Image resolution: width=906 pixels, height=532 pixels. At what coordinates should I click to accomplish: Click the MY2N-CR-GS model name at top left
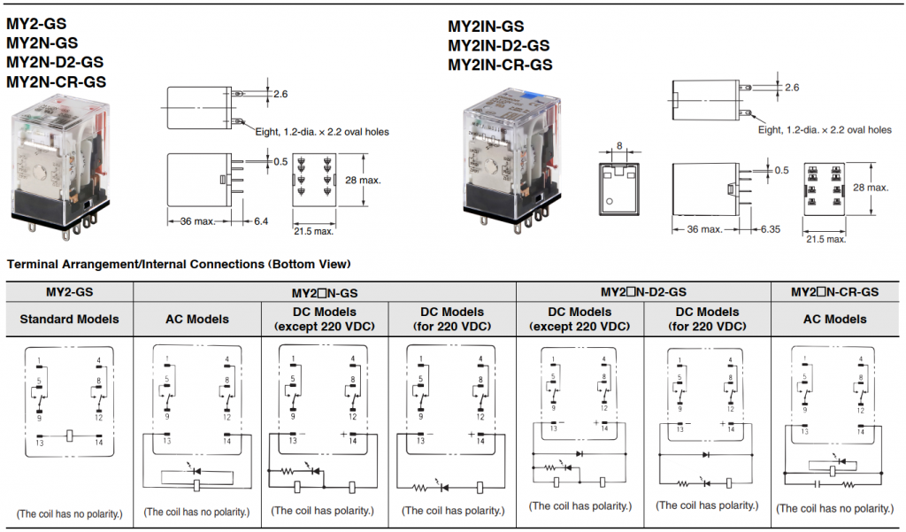coord(56,81)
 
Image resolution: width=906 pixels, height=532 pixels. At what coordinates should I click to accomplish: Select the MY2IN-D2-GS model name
coord(498,45)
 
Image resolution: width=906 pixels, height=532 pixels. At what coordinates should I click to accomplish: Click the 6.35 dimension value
coord(772,229)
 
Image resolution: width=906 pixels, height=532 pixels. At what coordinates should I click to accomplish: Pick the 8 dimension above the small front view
coord(619,145)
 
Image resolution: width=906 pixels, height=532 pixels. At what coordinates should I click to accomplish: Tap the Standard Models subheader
coord(69,319)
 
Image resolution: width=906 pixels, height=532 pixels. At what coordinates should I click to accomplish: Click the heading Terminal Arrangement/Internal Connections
coord(178,264)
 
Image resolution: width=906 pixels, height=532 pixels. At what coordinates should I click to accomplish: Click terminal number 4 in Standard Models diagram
coord(99,360)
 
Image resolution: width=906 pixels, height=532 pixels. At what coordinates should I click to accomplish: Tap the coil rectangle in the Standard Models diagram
coord(69,435)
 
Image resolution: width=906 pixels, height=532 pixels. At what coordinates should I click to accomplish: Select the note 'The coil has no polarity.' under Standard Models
coord(69,513)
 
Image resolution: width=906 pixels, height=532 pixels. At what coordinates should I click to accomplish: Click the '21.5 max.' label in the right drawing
coord(825,238)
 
